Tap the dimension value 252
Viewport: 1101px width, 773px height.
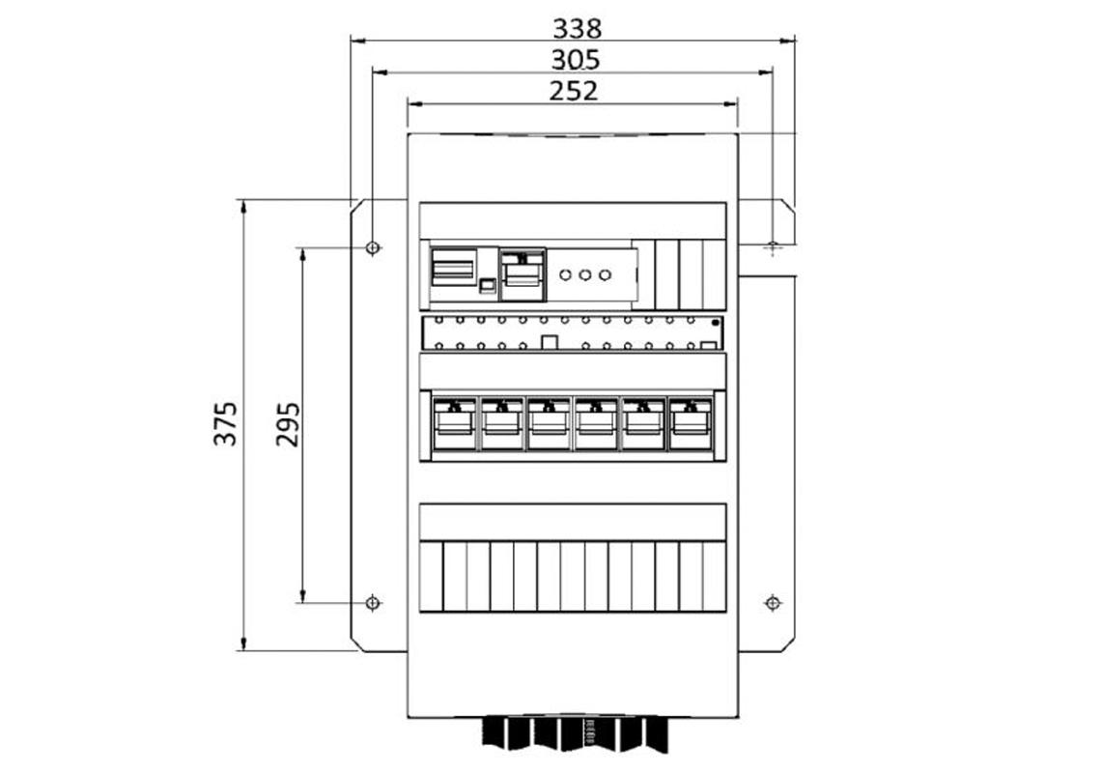pos(574,91)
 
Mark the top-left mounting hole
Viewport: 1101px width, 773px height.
pos(374,248)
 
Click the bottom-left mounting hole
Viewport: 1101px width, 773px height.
pos(374,603)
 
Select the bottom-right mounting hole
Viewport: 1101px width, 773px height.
pos(772,603)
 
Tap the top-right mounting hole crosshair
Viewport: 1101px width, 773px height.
pos(772,247)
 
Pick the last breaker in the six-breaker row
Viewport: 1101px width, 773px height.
pos(691,423)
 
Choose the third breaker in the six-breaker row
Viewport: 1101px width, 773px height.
pos(549,423)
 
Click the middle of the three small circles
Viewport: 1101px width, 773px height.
pos(585,275)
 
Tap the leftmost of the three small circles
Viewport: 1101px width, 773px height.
pos(566,275)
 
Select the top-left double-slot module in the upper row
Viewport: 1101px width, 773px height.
pos(453,267)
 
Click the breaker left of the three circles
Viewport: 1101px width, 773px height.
pos(522,270)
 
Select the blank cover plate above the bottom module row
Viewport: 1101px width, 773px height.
pos(573,522)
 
